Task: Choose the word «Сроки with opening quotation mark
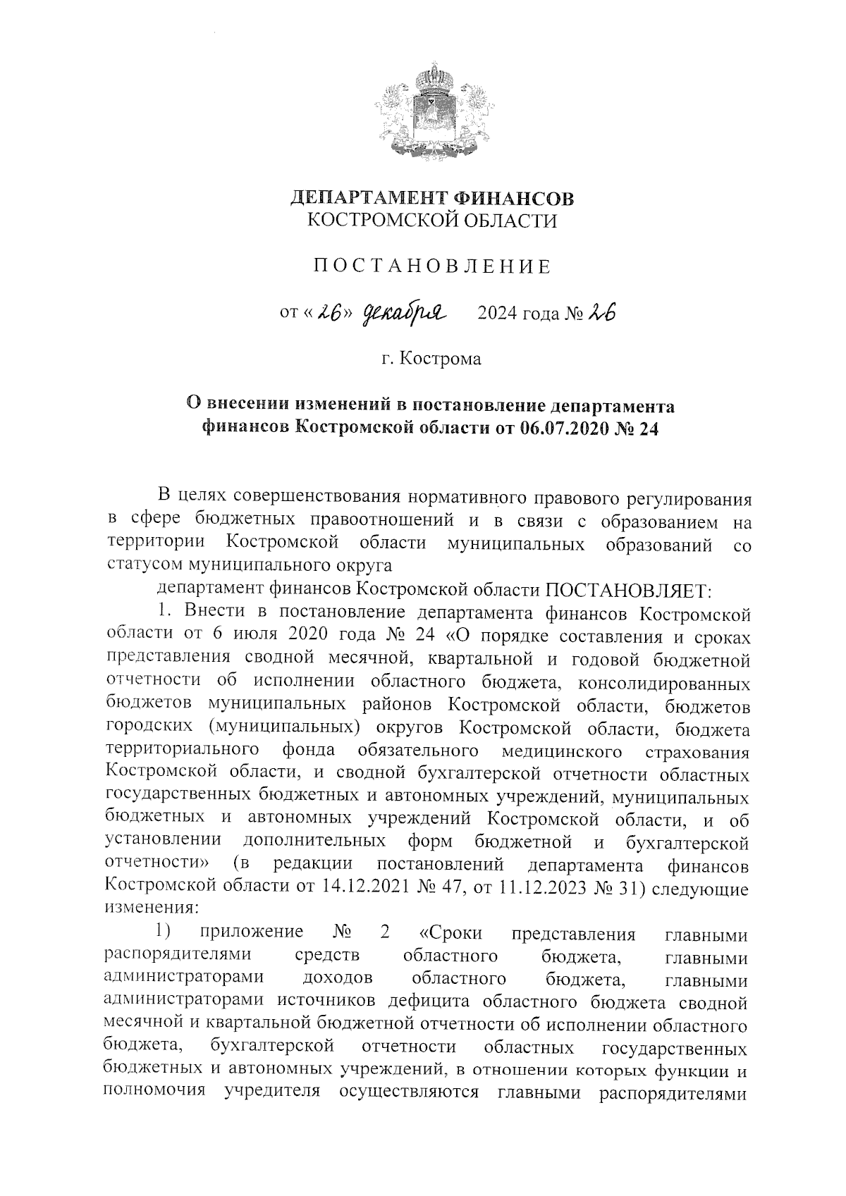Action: pos(450,933)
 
